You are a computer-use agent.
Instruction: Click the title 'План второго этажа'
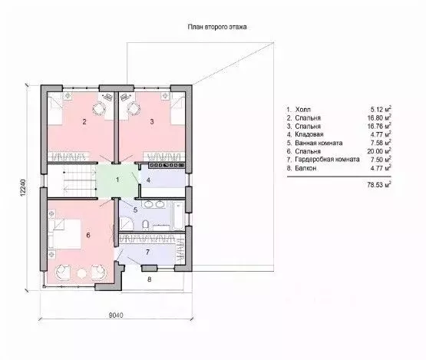(217, 27)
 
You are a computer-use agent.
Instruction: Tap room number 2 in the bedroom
(84, 122)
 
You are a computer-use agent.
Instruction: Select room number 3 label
(152, 122)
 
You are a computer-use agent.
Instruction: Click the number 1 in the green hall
(117, 180)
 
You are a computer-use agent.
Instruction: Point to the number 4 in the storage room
(148, 180)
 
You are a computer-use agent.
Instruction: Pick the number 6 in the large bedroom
(88, 235)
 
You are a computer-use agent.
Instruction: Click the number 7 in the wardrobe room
(147, 253)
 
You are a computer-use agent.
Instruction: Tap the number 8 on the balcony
(149, 279)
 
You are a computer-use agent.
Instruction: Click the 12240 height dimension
(23, 187)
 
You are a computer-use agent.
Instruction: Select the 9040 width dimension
(116, 315)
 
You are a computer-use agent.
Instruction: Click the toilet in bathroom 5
(145, 224)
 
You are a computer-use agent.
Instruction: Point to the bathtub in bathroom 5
(179, 216)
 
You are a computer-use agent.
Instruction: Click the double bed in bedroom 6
(64, 234)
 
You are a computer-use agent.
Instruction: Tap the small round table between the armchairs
(81, 272)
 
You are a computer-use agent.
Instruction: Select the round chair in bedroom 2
(98, 109)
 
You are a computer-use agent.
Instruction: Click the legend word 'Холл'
(303, 110)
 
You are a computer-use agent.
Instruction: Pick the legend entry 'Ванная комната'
(319, 143)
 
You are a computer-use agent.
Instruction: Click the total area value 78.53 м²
(379, 185)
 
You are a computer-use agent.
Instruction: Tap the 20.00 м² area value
(379, 151)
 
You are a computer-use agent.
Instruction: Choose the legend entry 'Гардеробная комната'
(328, 160)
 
